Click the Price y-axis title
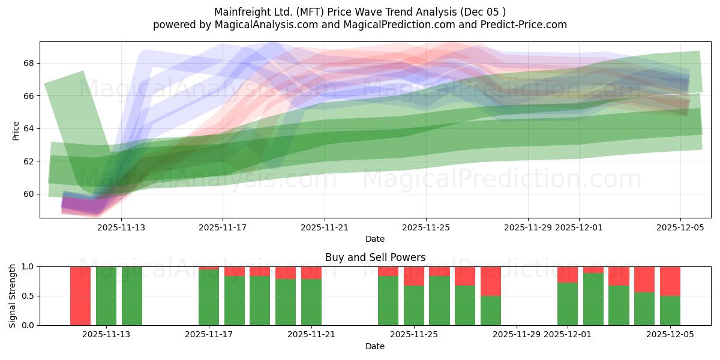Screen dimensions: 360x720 click(16, 130)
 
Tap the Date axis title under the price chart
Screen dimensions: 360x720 click(375, 239)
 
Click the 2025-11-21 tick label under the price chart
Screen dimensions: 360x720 click(325, 227)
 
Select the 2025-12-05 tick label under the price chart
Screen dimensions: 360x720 click(680, 227)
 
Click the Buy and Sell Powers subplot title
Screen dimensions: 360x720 click(375, 257)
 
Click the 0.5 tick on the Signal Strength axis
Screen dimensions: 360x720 click(29, 296)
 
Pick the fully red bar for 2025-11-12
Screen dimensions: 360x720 click(80, 296)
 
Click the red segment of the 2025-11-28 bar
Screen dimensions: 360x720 click(491, 281)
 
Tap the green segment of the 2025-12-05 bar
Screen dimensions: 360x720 click(670, 310)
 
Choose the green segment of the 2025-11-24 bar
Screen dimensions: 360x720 click(388, 301)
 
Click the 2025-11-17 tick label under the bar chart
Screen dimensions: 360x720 click(209, 334)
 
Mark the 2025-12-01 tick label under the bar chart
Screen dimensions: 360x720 click(568, 334)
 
